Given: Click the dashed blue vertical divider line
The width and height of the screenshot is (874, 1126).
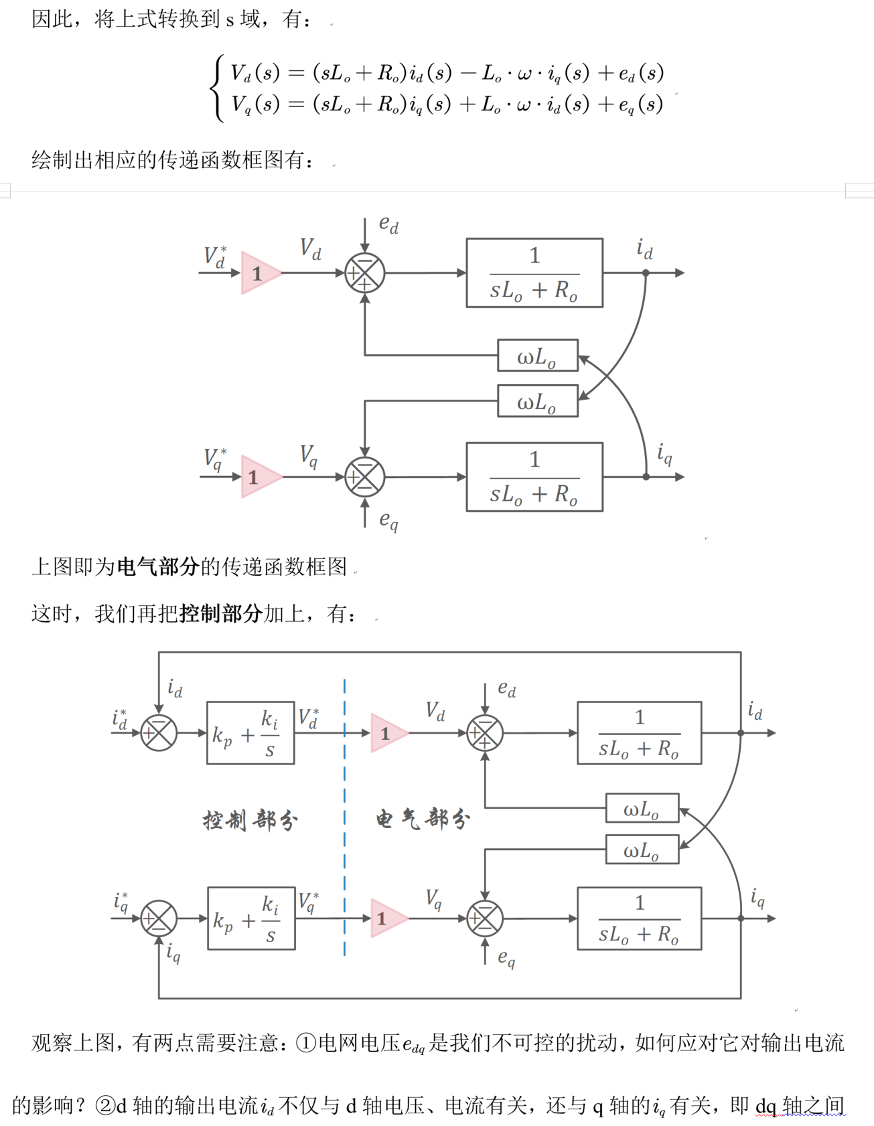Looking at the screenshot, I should [x=344, y=817].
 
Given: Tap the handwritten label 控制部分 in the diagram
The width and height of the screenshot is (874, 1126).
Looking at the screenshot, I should [x=250, y=820].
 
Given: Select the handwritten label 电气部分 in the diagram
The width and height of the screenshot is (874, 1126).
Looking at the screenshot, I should [x=423, y=819].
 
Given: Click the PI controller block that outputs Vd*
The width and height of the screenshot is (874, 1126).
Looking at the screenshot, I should [x=250, y=733].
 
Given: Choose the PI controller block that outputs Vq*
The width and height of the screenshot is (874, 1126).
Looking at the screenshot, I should [x=251, y=918].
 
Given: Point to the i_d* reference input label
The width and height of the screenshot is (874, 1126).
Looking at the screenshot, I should [x=120, y=719].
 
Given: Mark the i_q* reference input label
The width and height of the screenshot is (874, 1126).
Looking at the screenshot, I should [x=121, y=902].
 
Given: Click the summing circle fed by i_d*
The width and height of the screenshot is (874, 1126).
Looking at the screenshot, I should [x=159, y=733].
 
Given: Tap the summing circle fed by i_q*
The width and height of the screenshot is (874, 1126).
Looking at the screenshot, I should [x=159, y=918].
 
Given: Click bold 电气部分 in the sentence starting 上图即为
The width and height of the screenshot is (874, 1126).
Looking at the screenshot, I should [x=158, y=567].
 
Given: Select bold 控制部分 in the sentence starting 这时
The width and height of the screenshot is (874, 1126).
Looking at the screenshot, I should [x=221, y=613].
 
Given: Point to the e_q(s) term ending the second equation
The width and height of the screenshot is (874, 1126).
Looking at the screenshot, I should [x=641, y=104].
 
